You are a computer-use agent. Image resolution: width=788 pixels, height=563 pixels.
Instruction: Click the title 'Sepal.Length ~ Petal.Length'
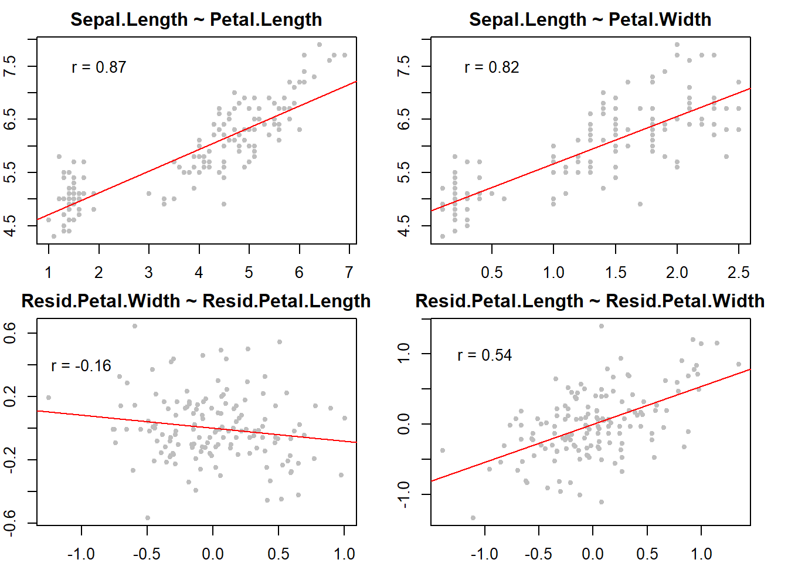196,19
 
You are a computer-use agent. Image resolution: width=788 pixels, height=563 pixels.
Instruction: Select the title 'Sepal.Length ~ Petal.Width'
590,19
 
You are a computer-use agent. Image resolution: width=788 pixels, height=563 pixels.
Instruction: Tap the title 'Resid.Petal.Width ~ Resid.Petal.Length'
196,301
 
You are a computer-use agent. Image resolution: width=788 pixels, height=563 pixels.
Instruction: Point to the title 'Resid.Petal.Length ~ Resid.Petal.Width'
590,301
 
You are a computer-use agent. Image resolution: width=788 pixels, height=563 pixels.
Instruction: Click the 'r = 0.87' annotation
98,67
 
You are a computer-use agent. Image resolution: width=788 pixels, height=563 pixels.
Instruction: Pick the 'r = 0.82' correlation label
491,67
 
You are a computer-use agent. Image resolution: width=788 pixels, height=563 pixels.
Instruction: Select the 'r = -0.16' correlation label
81,366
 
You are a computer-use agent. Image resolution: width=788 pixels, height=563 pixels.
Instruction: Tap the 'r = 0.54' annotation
484,355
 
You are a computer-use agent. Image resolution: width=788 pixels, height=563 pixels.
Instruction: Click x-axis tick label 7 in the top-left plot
349,273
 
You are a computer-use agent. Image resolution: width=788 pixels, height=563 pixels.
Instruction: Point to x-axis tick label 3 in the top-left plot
149,273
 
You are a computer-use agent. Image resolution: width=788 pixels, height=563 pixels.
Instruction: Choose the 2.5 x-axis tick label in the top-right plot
738,273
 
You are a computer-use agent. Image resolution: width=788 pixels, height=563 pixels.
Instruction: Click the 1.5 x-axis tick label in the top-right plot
616,273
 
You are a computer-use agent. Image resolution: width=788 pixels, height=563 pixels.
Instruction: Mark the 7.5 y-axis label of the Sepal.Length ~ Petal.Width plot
404,66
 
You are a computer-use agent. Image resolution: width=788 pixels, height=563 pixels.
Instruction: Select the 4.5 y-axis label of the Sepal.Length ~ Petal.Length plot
10,225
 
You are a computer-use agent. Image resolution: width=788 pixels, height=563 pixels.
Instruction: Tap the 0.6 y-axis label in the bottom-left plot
10,334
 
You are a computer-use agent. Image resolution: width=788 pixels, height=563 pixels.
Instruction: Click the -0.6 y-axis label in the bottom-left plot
10,522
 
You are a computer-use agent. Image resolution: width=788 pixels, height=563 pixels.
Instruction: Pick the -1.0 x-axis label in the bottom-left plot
81,554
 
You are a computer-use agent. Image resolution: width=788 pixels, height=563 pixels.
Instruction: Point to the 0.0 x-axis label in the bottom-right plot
593,554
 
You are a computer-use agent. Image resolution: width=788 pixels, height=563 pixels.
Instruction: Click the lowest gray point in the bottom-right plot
473,518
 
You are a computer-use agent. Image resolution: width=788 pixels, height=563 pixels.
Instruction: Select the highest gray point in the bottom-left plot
135,326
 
